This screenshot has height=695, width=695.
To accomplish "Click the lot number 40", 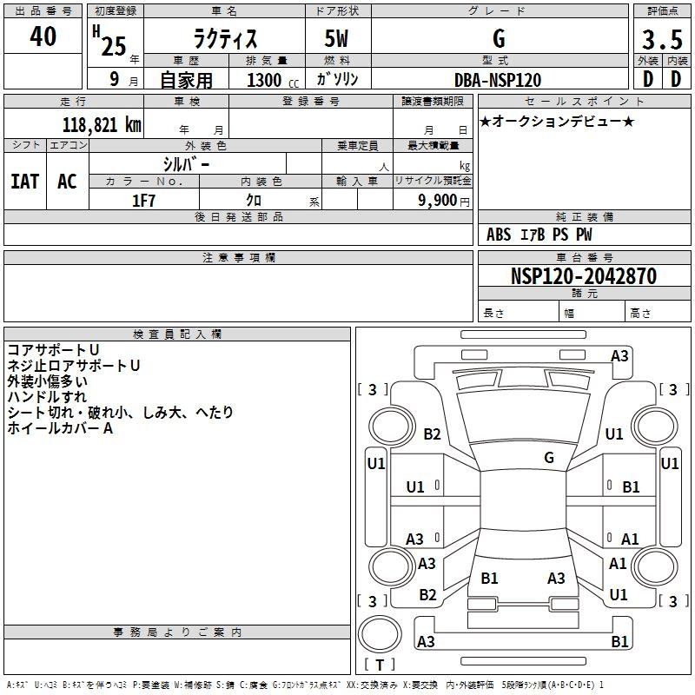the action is tap(43, 36).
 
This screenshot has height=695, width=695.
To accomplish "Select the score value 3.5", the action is tap(662, 39).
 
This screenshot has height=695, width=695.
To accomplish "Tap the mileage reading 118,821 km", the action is tap(102, 125).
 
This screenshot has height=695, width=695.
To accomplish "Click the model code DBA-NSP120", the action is tap(498, 80).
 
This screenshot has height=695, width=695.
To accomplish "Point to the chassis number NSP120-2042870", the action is tap(584, 275).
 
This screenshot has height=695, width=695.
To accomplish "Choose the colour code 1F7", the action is tap(143, 201).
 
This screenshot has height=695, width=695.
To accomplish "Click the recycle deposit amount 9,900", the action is tap(437, 201).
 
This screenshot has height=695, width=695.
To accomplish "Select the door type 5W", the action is tap(336, 38).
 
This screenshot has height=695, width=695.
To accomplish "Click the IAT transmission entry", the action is tap(25, 182).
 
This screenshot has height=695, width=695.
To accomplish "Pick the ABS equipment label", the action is tap(499, 235).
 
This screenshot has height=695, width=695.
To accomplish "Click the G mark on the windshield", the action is tap(549, 458).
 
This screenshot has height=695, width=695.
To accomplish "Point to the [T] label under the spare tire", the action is tap(380, 665).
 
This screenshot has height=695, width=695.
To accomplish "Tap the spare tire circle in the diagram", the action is tap(380, 634).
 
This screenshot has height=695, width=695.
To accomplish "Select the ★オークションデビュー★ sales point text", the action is tap(557, 122).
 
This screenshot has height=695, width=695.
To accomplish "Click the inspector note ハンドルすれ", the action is tap(47, 397).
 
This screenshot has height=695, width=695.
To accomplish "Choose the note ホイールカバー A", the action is tap(60, 428).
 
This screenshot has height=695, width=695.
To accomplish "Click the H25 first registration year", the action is tap(109, 41).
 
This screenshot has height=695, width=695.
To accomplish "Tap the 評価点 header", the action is tap(662, 11).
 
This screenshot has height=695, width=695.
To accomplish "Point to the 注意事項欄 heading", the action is tap(239, 257).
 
